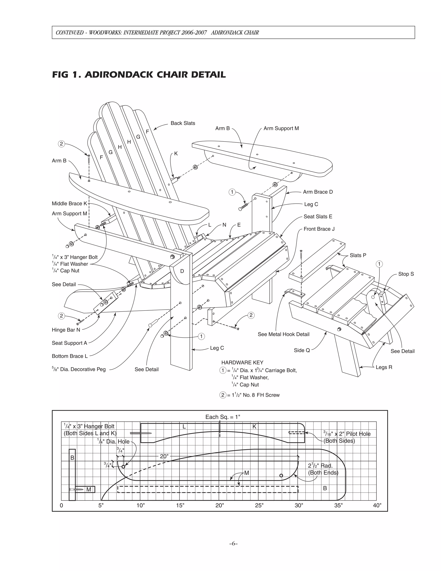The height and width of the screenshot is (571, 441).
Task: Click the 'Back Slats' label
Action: pyautogui.click(x=183, y=123)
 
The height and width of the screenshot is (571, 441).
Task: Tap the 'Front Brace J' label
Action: pyautogui.click(x=319, y=229)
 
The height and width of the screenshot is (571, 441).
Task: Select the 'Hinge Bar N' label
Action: pyautogui.click(x=66, y=330)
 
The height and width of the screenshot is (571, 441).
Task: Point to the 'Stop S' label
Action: pyautogui.click(x=406, y=274)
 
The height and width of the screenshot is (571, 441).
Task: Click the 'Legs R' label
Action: pyautogui.click(x=384, y=367)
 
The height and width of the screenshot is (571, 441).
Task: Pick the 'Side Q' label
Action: pyautogui.click(x=301, y=350)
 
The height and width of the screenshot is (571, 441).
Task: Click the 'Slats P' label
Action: pyautogui.click(x=358, y=255)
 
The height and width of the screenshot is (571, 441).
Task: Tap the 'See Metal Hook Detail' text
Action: pyautogui.click(x=283, y=334)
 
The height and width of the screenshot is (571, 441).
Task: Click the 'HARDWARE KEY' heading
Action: pyautogui.click(x=242, y=363)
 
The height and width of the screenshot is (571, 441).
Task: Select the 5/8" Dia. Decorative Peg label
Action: pyautogui.click(x=79, y=369)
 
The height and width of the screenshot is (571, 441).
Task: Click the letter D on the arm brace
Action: pyautogui.click(x=182, y=271)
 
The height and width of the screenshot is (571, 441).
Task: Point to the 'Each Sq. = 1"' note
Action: pyautogui.click(x=223, y=417)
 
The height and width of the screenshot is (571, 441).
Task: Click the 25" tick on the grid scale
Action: pyautogui.click(x=259, y=505)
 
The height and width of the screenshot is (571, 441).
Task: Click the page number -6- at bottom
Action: pyautogui.click(x=233, y=544)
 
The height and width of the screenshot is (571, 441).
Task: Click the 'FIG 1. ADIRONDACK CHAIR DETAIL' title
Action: pyautogui.click(x=139, y=75)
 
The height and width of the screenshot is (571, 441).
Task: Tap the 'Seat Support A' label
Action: pyautogui.click(x=69, y=343)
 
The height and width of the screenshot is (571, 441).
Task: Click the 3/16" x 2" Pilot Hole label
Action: pyautogui.click(x=347, y=434)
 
